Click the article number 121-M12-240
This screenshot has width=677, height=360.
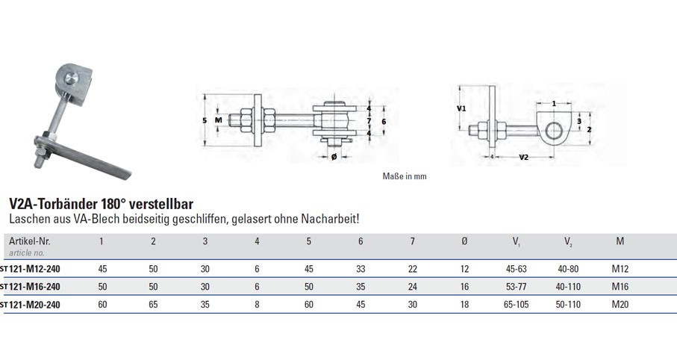[x=34, y=269]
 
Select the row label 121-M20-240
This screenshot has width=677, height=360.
[x=34, y=305]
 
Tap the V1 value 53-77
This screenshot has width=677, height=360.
[x=516, y=287]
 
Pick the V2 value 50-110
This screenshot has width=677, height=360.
[x=568, y=305]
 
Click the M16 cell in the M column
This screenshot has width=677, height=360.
[x=620, y=287]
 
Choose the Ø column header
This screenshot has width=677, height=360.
[x=464, y=241]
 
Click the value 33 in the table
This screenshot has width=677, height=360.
[x=361, y=269]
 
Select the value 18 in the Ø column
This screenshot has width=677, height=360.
[x=464, y=305]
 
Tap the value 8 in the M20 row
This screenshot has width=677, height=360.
[x=257, y=305]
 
